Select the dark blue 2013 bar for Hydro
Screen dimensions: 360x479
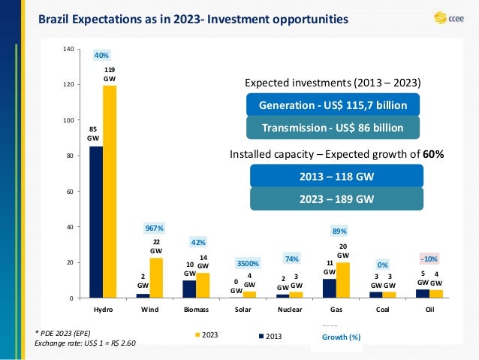(x=95, y=222)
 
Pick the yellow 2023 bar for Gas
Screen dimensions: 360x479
(x=342, y=280)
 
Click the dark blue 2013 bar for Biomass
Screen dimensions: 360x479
(x=189, y=289)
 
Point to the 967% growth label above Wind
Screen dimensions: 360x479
(x=155, y=227)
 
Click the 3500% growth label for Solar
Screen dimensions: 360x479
(x=249, y=264)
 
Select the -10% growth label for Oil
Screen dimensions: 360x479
(x=429, y=259)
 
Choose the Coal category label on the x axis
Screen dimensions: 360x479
(x=382, y=309)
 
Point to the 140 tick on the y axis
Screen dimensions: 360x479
(x=68, y=50)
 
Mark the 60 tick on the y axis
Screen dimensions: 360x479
(x=70, y=192)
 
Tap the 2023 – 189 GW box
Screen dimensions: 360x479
(x=336, y=199)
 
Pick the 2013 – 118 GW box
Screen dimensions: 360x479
(x=336, y=177)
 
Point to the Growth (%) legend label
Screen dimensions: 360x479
(x=336, y=338)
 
